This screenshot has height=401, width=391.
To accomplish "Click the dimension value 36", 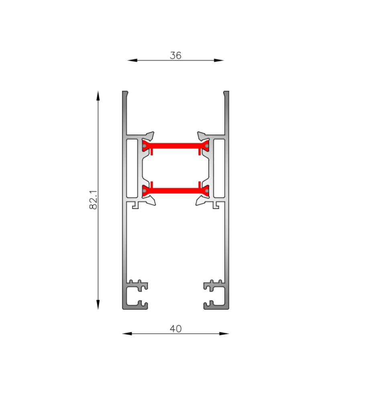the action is coord(175,55).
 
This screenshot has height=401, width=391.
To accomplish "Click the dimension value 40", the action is coord(175,329).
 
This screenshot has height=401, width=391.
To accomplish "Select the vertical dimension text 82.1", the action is coord(93,200).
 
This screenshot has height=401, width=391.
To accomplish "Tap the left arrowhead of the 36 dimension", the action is coord(132,60).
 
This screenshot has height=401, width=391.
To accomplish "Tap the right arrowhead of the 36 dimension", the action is coord(219,60).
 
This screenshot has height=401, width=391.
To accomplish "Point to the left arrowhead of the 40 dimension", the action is coord(127,333).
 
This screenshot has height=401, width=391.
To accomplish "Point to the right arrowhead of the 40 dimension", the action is coord(224,333).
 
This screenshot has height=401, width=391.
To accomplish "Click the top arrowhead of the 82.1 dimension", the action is coord(98,96).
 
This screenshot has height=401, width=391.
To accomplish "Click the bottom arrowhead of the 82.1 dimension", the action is coord(98,305).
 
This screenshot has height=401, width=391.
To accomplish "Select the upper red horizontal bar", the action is coord(175,146).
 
